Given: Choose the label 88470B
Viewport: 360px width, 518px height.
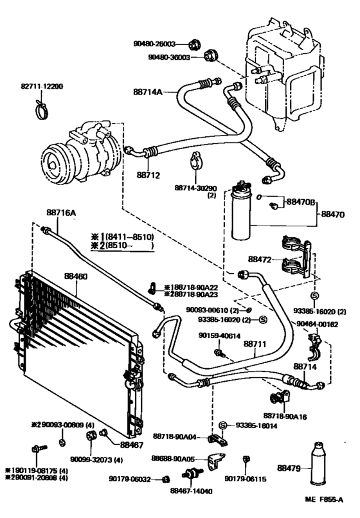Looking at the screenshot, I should point(301,202).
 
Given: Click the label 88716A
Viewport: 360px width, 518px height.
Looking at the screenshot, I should point(61,213).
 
